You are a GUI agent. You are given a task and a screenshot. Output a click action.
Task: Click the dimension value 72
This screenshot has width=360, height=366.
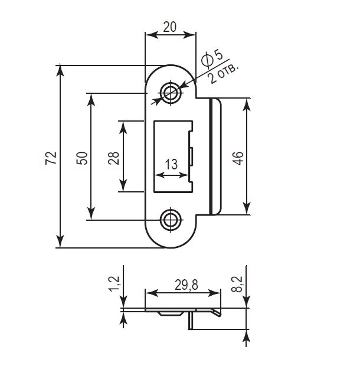51,158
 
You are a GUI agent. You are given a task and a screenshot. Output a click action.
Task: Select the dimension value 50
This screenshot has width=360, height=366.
81,158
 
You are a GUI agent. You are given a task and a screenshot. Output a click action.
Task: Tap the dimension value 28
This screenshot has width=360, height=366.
114,158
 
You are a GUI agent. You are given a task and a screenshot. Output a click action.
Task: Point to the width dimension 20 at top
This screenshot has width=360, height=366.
169,27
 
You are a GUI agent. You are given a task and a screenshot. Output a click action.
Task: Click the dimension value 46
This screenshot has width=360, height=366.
238,158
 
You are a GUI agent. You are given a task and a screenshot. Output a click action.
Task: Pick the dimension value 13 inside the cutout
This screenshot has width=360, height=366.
172,164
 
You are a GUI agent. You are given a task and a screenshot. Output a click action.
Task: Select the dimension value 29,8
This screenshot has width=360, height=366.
186,285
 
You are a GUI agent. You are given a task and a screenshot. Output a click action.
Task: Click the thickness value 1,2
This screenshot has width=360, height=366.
114,283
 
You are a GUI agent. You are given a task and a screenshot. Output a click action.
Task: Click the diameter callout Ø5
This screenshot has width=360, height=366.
212,58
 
